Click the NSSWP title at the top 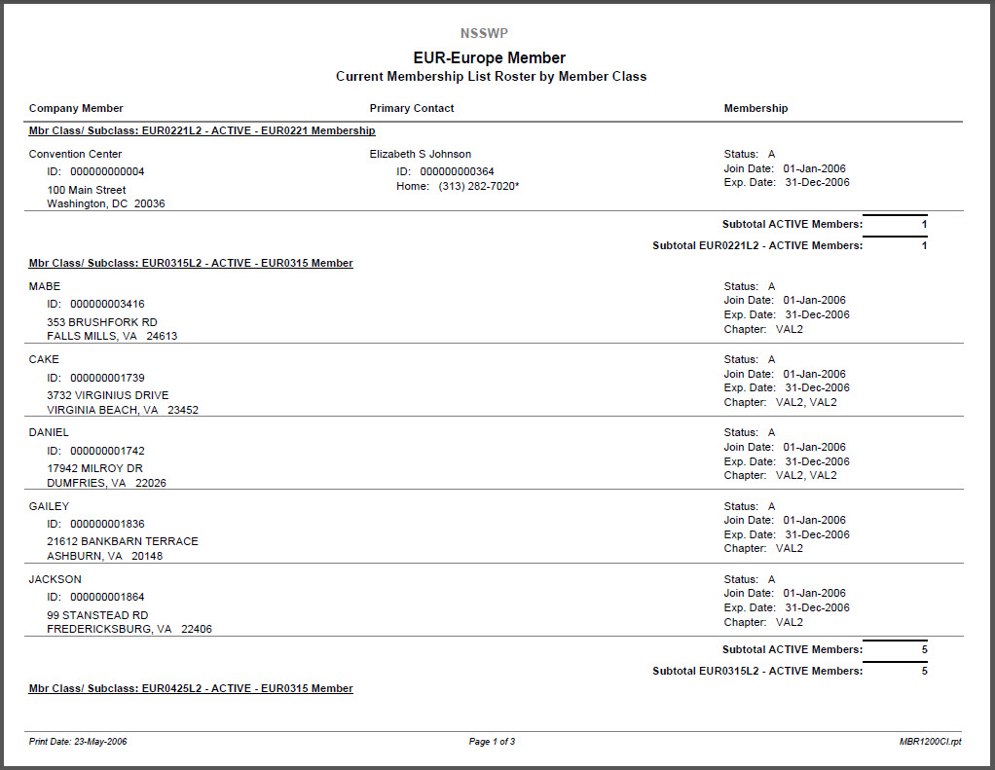pyautogui.click(x=484, y=33)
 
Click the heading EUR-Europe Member pyautogui.click(x=490, y=57)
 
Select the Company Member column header pyautogui.click(x=76, y=108)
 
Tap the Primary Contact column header pyautogui.click(x=412, y=108)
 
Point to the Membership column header pyautogui.click(x=755, y=108)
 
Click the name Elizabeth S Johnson pyautogui.click(x=420, y=154)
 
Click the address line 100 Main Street pyautogui.click(x=87, y=190)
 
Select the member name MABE pyautogui.click(x=45, y=286)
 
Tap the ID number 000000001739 pyautogui.click(x=107, y=378)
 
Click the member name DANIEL pyautogui.click(x=49, y=432)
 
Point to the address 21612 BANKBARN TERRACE pyautogui.click(x=123, y=541)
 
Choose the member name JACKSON pyautogui.click(x=55, y=579)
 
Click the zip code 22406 pyautogui.click(x=197, y=629)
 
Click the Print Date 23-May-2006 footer pyautogui.click(x=78, y=742)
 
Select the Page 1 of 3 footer pyautogui.click(x=492, y=742)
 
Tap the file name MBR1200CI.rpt pyautogui.click(x=930, y=742)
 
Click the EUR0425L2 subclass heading pyautogui.click(x=191, y=688)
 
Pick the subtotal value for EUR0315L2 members pyautogui.click(x=924, y=671)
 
